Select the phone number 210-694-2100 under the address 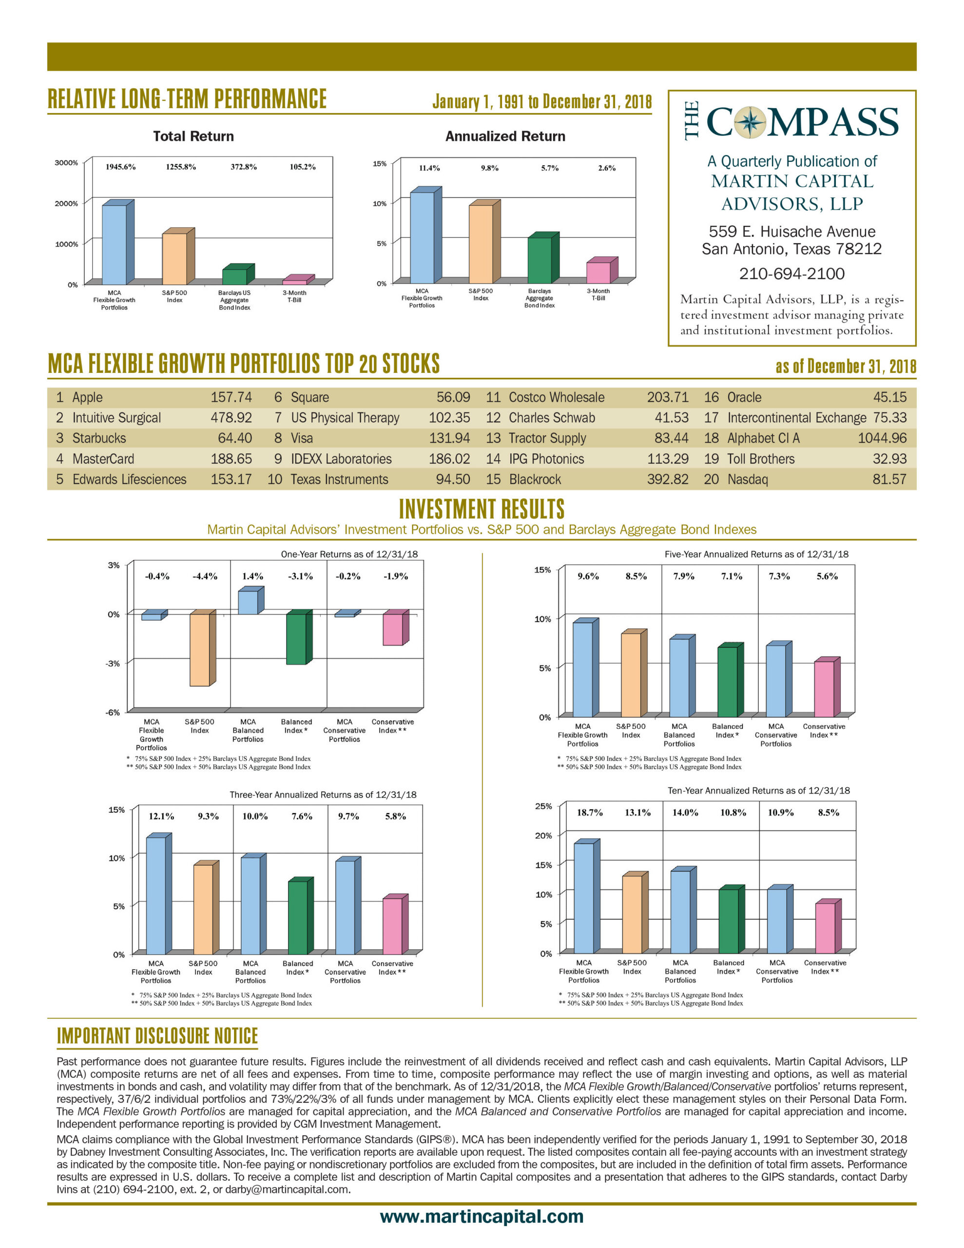coord(791,273)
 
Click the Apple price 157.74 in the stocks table coord(231,397)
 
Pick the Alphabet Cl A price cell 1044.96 coord(882,438)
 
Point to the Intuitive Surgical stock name coord(116,418)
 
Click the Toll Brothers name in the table coord(761,459)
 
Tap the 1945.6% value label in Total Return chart coord(120,167)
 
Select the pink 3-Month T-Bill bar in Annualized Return coord(602,270)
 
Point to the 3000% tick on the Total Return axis coord(66,163)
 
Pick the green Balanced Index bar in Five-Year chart coord(730,680)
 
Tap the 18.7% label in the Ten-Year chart coord(589,813)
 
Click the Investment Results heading coord(481,508)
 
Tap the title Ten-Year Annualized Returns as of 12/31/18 coord(758,790)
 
